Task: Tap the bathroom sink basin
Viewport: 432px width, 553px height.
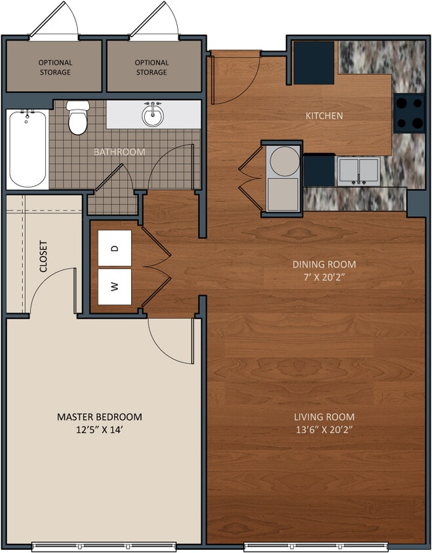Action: point(153,116)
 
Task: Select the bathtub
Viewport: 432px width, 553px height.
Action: point(27,148)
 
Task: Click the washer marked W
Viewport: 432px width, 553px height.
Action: point(115,286)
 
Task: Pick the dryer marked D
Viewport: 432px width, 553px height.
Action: point(115,248)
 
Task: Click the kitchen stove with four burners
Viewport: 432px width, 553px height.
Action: point(408,113)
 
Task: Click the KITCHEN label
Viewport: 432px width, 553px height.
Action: point(324,116)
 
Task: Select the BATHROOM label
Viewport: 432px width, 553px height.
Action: point(119,152)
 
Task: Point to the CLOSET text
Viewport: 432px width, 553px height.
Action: point(43,256)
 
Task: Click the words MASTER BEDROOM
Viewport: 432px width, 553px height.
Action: point(99,417)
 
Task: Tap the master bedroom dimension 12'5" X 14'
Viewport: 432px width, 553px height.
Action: point(99,430)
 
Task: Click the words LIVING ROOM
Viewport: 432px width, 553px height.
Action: point(324,417)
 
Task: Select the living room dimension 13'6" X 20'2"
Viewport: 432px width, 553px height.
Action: point(324,430)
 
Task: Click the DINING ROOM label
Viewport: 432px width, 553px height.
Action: point(324,264)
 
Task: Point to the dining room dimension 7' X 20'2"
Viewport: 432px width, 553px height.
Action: point(324,277)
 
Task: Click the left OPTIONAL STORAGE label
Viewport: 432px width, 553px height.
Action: point(55,67)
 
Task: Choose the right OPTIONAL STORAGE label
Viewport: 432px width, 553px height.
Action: point(151,67)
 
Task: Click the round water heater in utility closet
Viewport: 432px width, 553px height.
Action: point(284,160)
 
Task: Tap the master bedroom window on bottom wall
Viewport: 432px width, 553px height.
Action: point(105,546)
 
